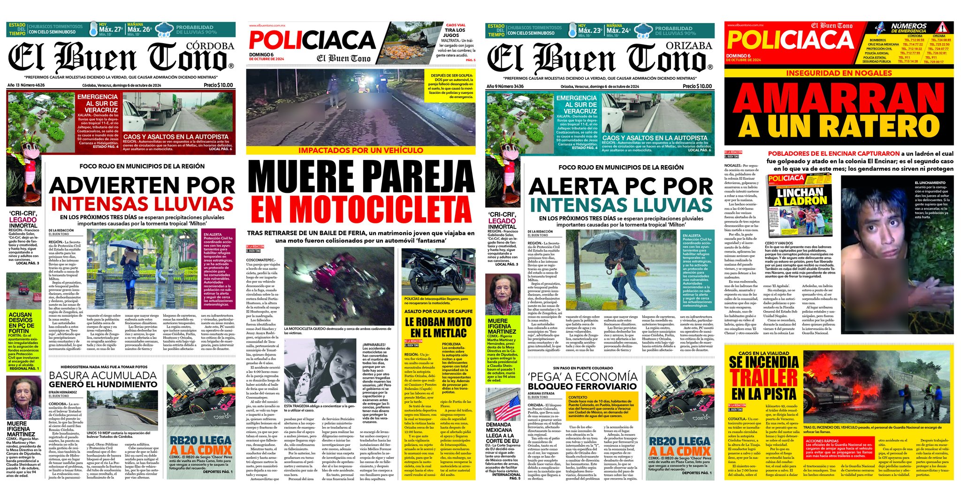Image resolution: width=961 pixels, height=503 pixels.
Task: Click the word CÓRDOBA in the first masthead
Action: [x=210, y=46]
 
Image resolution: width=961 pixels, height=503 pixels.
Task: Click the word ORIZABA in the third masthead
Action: [x=689, y=46]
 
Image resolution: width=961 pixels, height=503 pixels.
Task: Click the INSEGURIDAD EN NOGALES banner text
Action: [x=839, y=73]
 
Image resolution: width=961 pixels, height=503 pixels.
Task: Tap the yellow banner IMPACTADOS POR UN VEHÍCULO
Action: [x=361, y=151]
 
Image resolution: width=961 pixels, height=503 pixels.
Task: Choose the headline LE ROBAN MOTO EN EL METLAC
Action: [x=438, y=328]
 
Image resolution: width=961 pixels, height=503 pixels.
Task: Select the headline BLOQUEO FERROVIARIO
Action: [x=583, y=386]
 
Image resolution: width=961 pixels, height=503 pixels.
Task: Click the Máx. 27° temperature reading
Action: [x=111, y=29]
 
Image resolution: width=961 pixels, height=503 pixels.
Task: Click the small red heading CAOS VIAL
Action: [x=455, y=25]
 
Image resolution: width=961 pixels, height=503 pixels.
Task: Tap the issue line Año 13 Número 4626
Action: [x=26, y=85]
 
